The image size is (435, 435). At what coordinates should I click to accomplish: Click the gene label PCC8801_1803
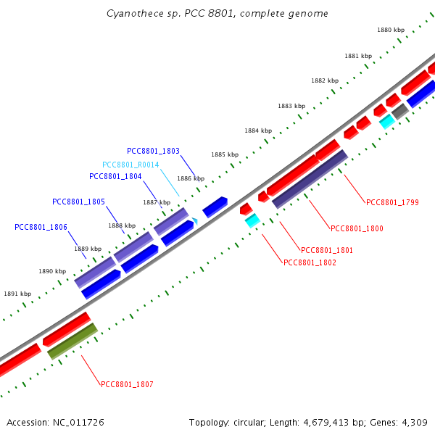tap(153, 151)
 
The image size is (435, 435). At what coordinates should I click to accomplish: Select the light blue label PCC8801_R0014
tap(130, 165)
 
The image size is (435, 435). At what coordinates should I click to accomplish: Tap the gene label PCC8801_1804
tap(115, 176)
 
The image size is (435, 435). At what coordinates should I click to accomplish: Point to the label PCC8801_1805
tap(78, 201)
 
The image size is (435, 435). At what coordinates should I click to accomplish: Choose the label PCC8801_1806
tap(41, 227)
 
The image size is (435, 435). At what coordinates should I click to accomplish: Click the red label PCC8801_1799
tap(392, 202)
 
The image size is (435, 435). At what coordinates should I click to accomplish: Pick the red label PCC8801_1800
tap(357, 228)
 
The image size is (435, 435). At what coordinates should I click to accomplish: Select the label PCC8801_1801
tap(326, 250)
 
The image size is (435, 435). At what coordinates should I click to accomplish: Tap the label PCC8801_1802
tap(310, 262)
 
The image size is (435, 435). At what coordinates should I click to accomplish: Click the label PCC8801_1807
tap(127, 384)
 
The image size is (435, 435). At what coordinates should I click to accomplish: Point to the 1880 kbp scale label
tap(390, 30)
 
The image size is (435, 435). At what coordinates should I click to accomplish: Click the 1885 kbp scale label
tap(225, 154)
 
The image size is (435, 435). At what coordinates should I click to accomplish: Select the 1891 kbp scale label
tap(17, 294)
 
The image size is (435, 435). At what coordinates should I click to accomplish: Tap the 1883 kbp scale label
tap(291, 106)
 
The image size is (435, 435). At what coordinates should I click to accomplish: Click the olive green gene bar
tap(72, 341)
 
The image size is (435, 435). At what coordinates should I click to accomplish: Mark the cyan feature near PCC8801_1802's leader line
tap(252, 220)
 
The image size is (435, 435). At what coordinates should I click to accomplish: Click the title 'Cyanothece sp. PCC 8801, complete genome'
tap(217, 14)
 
